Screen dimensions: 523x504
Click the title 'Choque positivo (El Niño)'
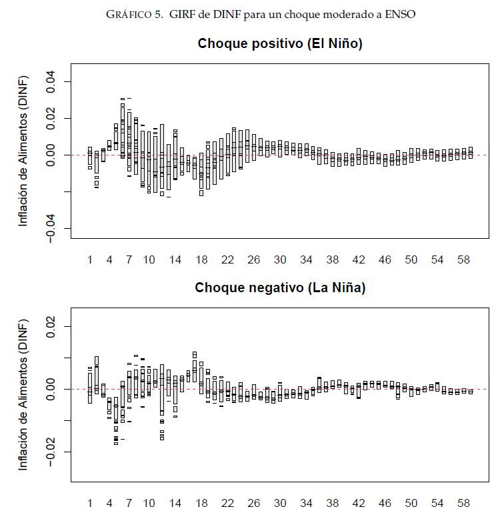(280, 44)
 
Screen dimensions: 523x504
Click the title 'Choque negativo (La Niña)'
(280, 288)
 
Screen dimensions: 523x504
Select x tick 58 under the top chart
(463, 259)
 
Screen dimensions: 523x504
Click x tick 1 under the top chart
(90, 259)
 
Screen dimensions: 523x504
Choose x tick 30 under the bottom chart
(280, 503)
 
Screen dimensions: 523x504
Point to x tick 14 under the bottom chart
(175, 503)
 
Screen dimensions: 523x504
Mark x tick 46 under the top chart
(385, 259)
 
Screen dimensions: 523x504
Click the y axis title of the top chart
(23, 151)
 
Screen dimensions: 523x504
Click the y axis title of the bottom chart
(23, 395)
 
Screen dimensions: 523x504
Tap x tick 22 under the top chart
(227, 259)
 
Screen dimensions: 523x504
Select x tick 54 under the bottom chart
(437, 503)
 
